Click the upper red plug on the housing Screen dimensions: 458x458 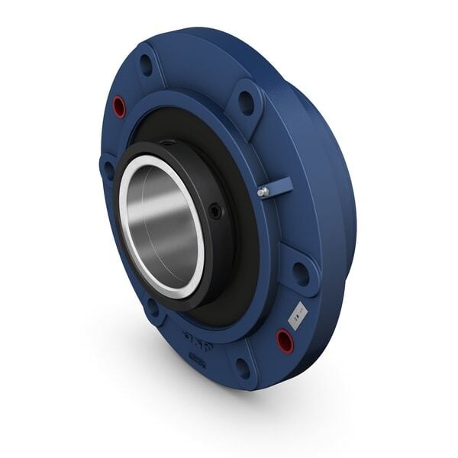(x=119, y=107)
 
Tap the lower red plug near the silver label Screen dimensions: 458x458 (x=285, y=339)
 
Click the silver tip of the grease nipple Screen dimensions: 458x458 (x=262, y=192)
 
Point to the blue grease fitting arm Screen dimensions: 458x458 (x=278, y=185)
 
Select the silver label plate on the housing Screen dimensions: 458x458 (x=298, y=313)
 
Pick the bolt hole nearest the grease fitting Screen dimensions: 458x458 (x=246, y=101)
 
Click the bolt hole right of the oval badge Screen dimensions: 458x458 (x=243, y=369)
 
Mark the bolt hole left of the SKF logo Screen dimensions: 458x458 (x=153, y=308)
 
